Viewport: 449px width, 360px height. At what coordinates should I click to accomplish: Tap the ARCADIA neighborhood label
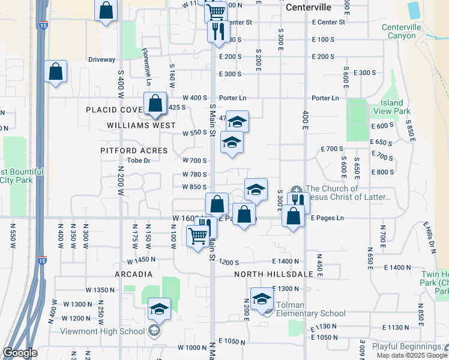coord(133,274)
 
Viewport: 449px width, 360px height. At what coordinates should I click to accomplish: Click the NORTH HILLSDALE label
coord(274,274)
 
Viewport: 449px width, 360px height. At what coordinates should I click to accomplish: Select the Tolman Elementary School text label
coord(310,313)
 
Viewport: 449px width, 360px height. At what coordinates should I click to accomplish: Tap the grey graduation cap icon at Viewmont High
coord(154,331)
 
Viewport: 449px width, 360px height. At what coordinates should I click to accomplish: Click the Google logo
coord(20,353)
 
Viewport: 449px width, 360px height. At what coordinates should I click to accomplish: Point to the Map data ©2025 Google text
coord(412,355)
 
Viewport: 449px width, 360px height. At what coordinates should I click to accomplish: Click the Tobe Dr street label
coord(138,160)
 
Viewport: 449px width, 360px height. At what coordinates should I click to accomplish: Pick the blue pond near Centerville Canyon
coord(414,10)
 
